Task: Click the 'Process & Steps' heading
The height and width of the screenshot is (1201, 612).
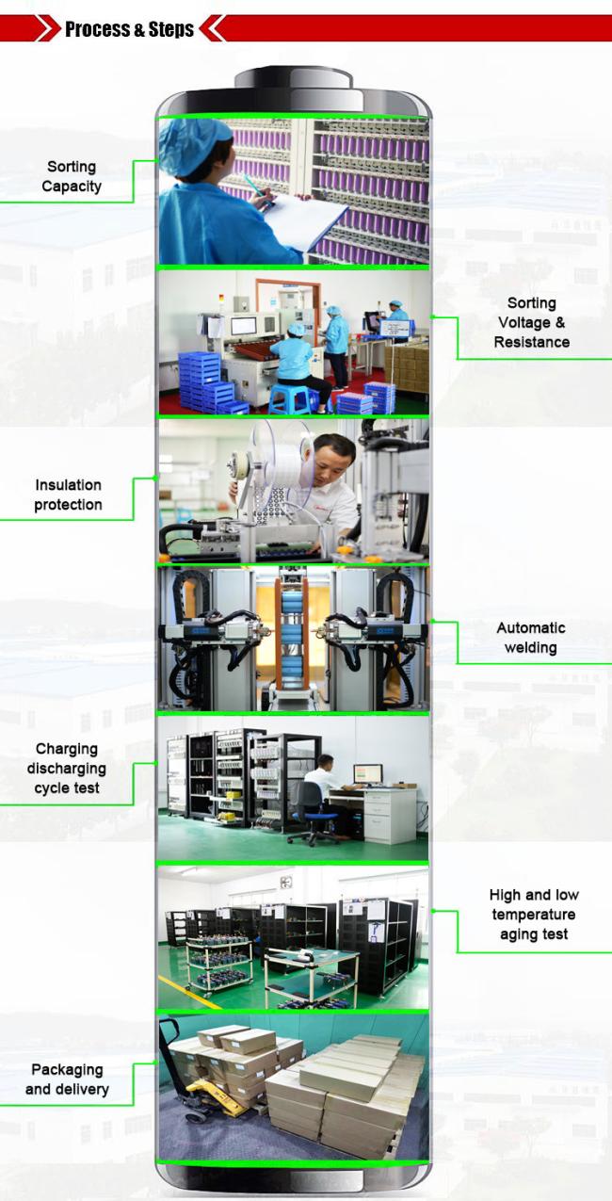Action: [x=129, y=29]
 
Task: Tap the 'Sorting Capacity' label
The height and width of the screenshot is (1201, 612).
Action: [x=72, y=176]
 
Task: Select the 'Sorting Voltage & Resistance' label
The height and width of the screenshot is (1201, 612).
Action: [x=532, y=323]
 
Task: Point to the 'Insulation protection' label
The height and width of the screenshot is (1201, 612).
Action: [x=68, y=495]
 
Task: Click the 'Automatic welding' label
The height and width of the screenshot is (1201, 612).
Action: [x=530, y=638]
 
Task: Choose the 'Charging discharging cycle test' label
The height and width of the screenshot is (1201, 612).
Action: [x=67, y=769]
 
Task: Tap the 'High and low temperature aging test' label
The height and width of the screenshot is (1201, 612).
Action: [x=534, y=914]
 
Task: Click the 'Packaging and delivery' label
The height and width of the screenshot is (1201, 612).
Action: [x=67, y=1079]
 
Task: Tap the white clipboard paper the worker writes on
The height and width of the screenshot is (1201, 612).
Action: [x=304, y=219]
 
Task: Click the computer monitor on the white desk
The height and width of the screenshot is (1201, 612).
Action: [x=367, y=774]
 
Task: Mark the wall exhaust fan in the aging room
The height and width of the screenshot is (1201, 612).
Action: [x=286, y=882]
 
